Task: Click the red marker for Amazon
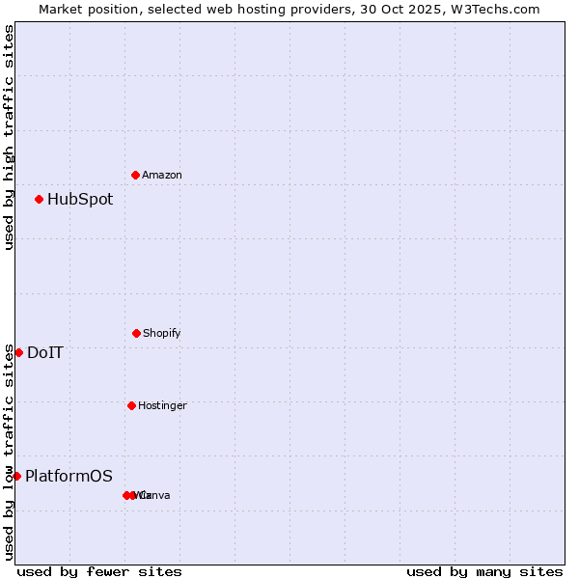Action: (135, 175)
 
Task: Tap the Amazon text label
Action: (161, 176)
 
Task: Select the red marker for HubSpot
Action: (39, 199)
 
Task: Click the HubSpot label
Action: (80, 200)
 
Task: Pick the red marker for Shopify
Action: (136, 333)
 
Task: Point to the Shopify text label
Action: (161, 334)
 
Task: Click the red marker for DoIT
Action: (18, 352)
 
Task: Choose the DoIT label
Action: (45, 353)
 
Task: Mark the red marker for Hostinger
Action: (131, 405)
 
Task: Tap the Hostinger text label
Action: (162, 406)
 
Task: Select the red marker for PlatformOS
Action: (16, 476)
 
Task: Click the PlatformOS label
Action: (69, 477)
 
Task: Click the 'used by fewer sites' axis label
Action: (99, 571)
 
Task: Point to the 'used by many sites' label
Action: (484, 571)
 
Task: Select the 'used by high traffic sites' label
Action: (9, 137)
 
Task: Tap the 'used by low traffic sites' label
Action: (9, 452)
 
